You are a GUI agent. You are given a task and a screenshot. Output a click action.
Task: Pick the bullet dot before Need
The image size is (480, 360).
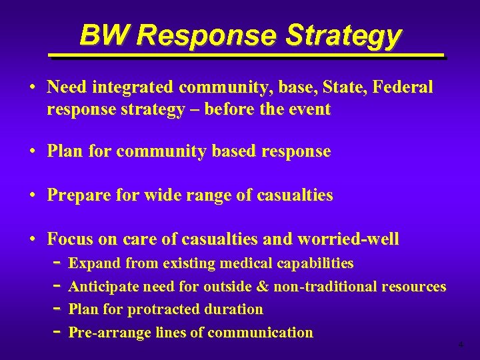[x=33, y=87]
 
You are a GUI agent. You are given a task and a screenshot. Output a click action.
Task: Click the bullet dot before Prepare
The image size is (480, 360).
[x=33, y=195]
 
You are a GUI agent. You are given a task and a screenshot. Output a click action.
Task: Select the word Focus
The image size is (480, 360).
[x=70, y=239]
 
